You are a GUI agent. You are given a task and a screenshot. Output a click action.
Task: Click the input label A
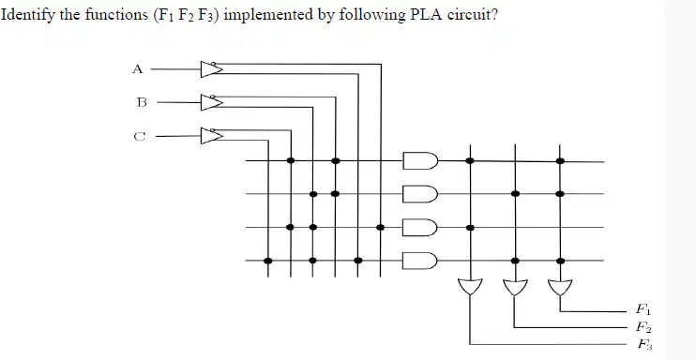[x=138, y=69]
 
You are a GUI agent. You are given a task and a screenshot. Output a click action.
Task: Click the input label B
[x=142, y=102]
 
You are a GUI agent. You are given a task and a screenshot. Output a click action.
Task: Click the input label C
[x=140, y=136]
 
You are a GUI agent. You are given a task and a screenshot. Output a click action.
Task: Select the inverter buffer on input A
[x=211, y=69]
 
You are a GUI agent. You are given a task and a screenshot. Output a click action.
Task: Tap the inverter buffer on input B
[x=211, y=102]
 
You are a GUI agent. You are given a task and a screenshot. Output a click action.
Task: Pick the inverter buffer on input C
[x=211, y=136]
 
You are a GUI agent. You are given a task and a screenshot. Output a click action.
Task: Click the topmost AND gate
[x=420, y=160]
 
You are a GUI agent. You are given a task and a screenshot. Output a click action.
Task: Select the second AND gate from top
[x=420, y=193]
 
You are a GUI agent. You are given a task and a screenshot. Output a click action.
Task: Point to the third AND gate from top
[x=420, y=227]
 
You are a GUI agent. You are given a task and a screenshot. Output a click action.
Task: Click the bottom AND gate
[x=420, y=261]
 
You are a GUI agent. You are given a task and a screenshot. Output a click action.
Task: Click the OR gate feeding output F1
[x=560, y=288]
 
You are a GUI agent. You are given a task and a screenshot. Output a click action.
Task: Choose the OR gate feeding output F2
[x=515, y=288]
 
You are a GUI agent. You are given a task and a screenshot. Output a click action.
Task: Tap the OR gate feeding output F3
[x=470, y=288]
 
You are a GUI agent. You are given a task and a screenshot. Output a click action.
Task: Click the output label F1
[x=643, y=308]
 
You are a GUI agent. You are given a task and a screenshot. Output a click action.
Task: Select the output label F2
[x=643, y=327]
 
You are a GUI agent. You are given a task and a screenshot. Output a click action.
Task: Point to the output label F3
[x=645, y=344]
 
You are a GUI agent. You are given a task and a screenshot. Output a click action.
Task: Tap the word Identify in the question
[x=28, y=16]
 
